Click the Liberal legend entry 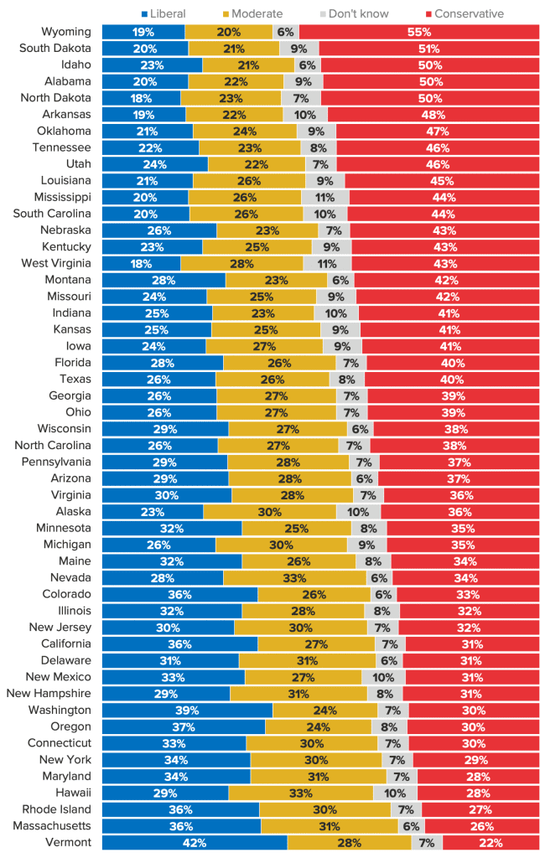coord(163,13)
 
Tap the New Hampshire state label coord(49,693)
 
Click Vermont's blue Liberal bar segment coord(195,842)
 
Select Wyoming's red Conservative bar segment coord(418,32)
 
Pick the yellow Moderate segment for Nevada coord(295,577)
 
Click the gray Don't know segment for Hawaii coord(395,793)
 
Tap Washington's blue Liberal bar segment coord(187,710)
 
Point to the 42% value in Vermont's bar coord(195,842)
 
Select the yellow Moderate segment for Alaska coord(270,511)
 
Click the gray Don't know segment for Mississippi coord(325,197)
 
